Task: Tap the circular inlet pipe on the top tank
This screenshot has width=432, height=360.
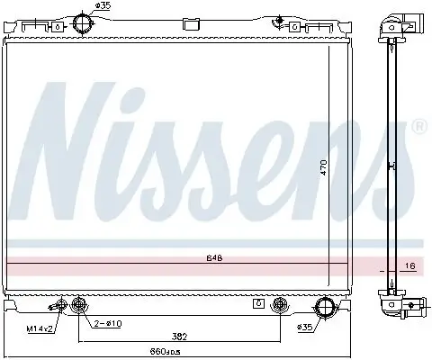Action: point(81,22)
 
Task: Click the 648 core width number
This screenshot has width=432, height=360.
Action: point(213,258)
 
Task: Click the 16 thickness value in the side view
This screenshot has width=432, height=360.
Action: point(409,267)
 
